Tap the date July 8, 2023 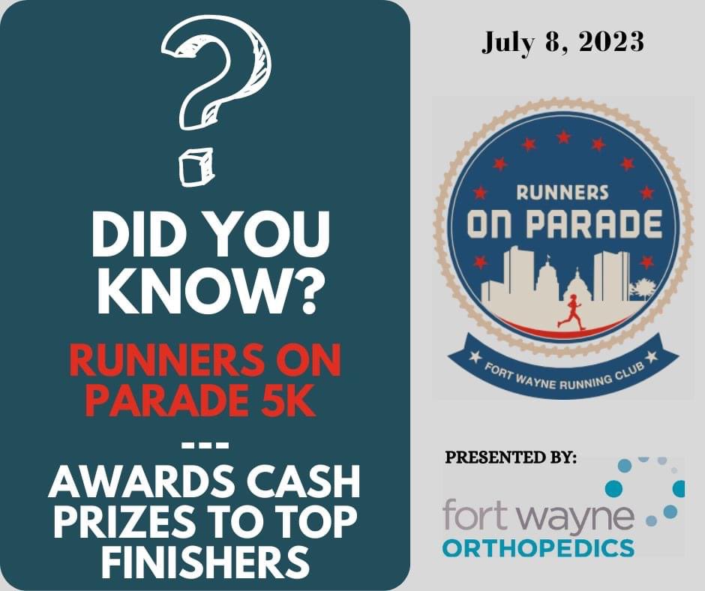point(562,41)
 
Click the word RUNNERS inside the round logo point(562,193)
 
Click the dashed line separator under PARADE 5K point(205,443)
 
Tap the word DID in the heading point(124,238)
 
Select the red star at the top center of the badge point(563,137)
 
